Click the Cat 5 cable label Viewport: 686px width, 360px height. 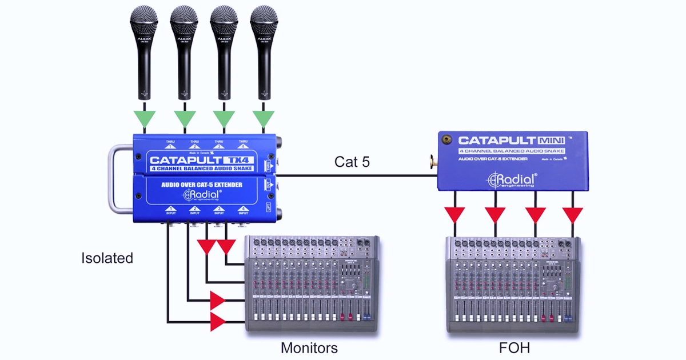352,162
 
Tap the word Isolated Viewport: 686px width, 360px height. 107,258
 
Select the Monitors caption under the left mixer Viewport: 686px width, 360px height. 309,348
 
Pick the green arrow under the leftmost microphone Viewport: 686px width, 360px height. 145,119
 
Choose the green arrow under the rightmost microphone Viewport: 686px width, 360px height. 264,119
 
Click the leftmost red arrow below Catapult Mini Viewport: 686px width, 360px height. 455,215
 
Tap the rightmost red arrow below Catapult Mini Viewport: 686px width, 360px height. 572,215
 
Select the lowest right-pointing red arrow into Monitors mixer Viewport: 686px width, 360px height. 218,322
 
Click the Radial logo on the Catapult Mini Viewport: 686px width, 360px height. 510,179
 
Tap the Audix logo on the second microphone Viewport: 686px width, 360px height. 185,39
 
